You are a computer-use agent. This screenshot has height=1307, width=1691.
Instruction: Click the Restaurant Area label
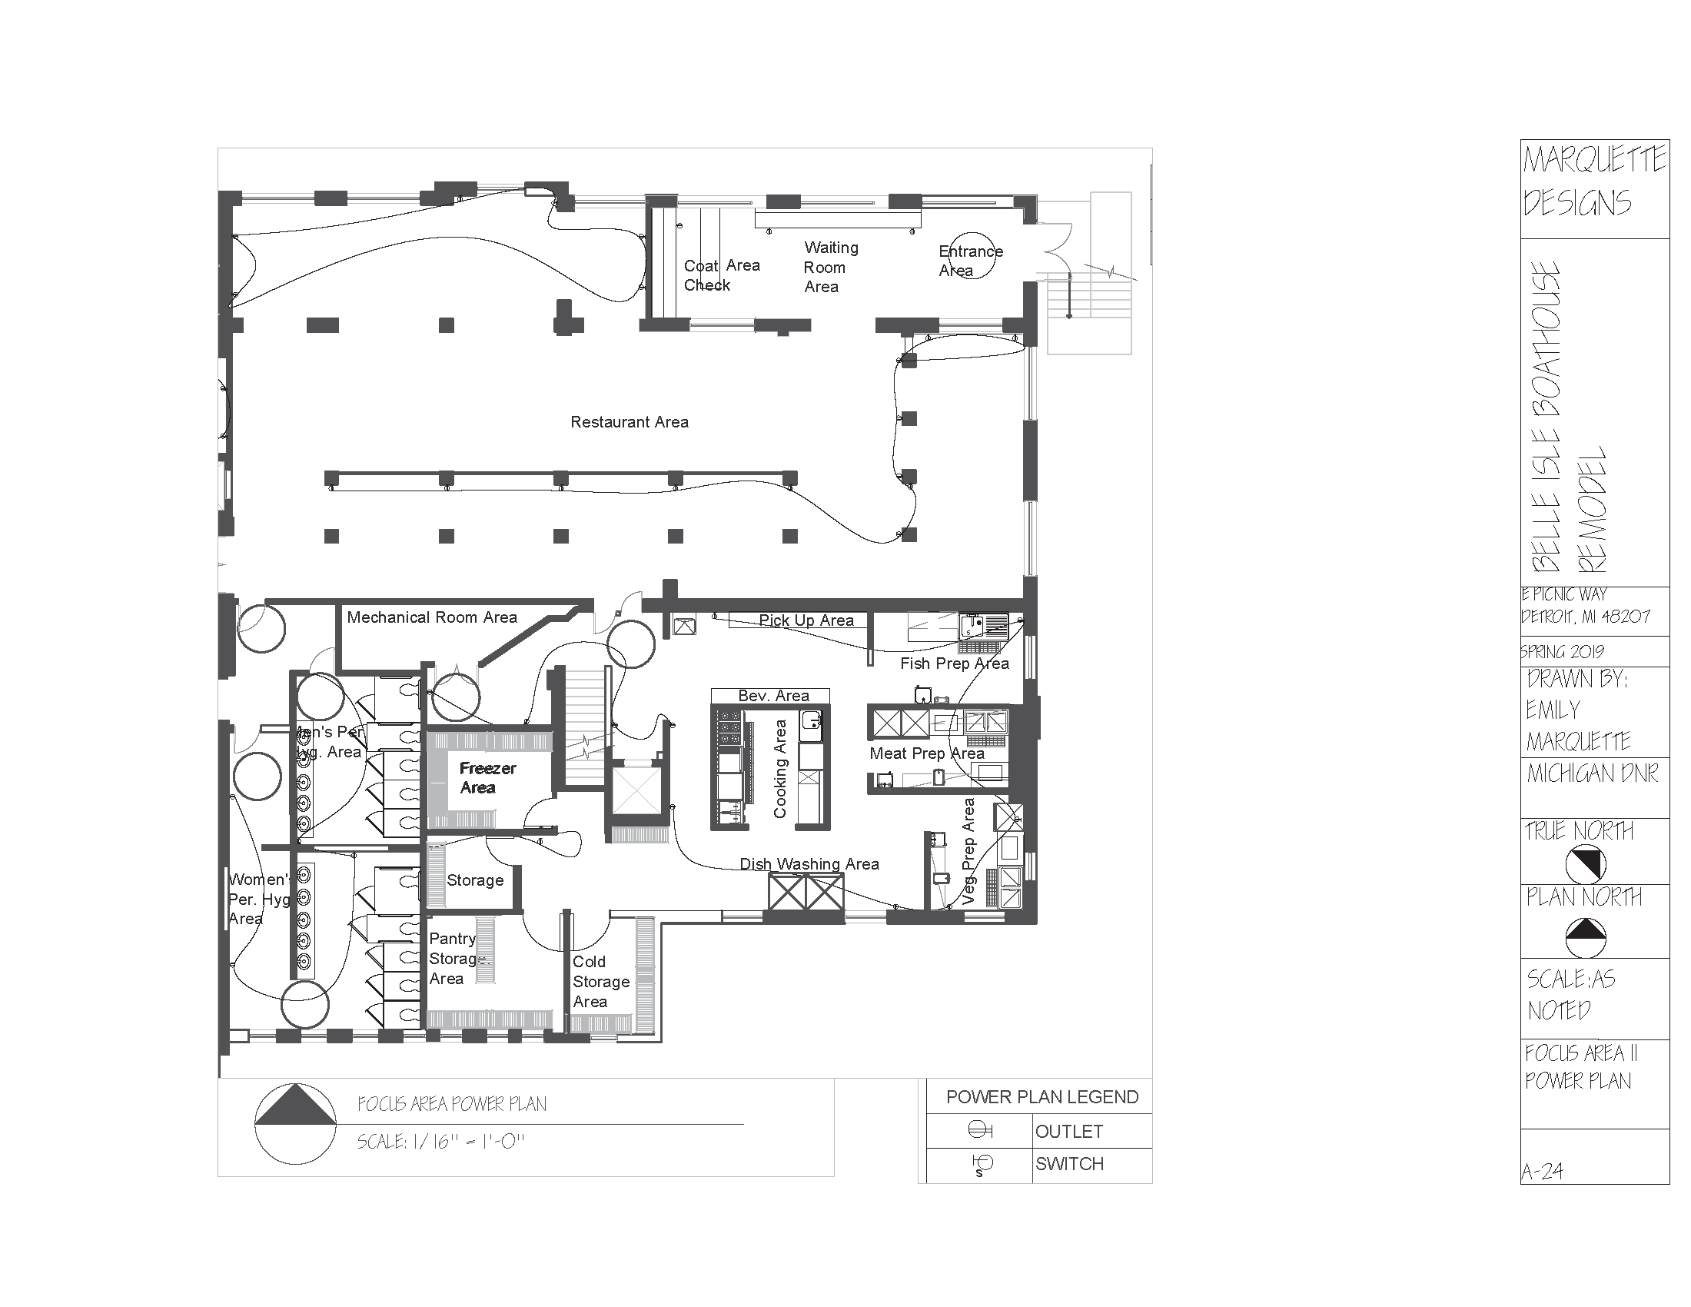click(x=629, y=422)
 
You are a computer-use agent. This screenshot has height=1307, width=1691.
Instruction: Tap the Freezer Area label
click(x=487, y=777)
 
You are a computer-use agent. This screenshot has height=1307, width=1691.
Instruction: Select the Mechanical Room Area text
click(x=431, y=617)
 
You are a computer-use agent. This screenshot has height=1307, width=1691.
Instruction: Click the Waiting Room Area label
click(x=830, y=267)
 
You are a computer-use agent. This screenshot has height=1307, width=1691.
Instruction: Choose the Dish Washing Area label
click(x=809, y=863)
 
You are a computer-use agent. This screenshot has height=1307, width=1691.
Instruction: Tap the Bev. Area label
click(x=772, y=695)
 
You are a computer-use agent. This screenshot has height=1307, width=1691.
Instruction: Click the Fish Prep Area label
click(x=954, y=663)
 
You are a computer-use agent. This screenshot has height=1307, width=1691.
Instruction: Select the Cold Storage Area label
click(x=600, y=981)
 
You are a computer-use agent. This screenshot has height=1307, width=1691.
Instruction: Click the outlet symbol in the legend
click(x=979, y=1130)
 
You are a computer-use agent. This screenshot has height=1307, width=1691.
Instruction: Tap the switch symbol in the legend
click(x=982, y=1164)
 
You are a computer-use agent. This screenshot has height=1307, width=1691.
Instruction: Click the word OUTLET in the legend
click(x=1068, y=1131)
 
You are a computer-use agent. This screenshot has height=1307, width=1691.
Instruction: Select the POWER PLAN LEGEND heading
click(x=1042, y=1096)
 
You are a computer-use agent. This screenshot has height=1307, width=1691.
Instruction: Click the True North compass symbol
click(x=1585, y=864)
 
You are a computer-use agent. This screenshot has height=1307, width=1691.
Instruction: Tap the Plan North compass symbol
click(x=1585, y=938)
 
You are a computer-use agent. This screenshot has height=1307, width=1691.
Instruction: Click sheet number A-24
click(x=1542, y=1172)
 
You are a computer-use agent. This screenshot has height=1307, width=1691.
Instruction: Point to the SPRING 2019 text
click(x=1562, y=651)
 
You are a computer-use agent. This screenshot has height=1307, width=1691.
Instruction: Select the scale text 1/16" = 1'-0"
click(x=440, y=1141)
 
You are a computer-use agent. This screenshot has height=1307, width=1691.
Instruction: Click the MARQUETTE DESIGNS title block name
click(x=1593, y=182)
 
